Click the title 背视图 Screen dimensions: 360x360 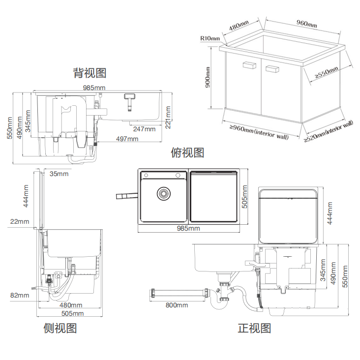[x=90, y=73]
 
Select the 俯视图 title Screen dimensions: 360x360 [x=187, y=152]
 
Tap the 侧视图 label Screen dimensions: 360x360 [x=60, y=328]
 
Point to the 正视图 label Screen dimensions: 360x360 [x=254, y=328]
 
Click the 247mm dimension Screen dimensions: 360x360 [x=144, y=129]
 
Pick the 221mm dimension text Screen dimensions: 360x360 [x=169, y=116]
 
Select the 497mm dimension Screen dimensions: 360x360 [x=127, y=139]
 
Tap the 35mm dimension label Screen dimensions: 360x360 [x=60, y=173]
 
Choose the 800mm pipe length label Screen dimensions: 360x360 [x=177, y=305]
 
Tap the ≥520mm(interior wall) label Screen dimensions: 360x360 [x=329, y=131]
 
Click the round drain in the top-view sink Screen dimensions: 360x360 [x=163, y=194]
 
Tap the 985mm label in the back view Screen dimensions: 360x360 [x=94, y=88]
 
